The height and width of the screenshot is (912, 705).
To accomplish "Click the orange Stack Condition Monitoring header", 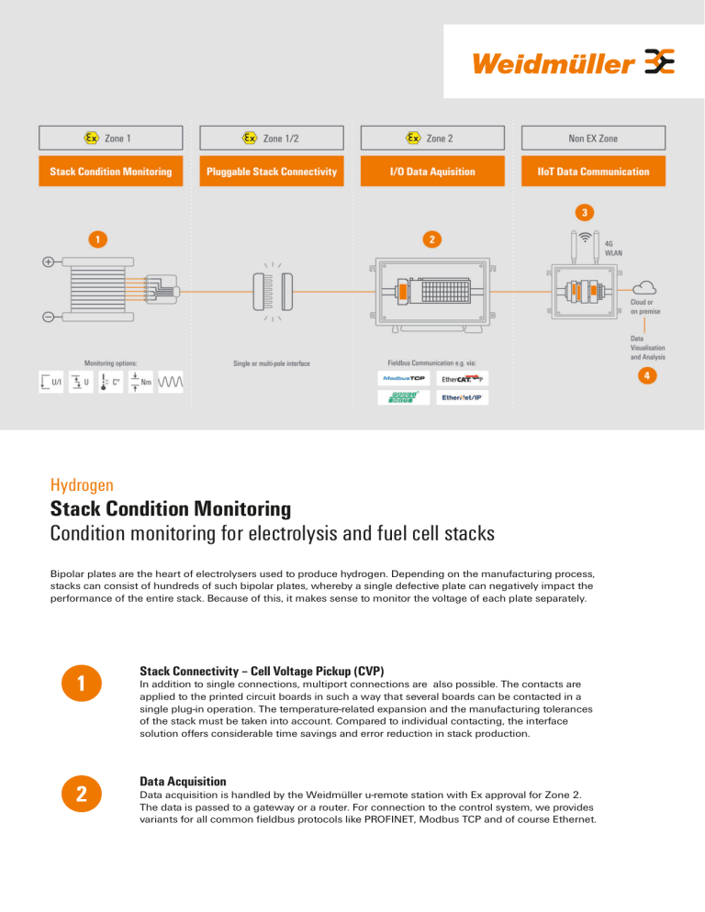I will click(x=111, y=172).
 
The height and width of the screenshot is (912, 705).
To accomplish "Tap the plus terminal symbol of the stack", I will click(x=47, y=261).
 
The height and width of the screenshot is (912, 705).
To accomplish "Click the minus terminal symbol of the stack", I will click(x=47, y=317).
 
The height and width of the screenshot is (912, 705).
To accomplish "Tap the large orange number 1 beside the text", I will click(x=82, y=684).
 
